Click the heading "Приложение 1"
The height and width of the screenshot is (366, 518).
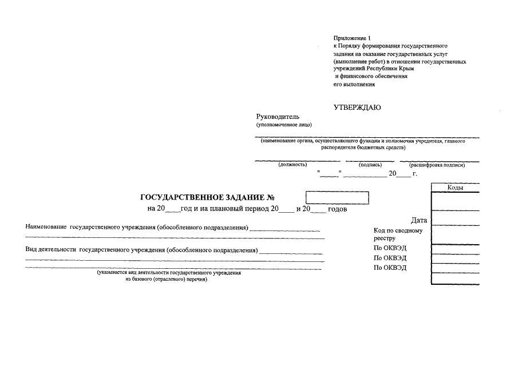point(352,38)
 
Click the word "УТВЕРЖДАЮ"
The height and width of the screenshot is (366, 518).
point(357,108)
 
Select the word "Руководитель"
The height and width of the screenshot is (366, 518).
point(278,117)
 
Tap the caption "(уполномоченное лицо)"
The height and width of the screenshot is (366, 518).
point(284,124)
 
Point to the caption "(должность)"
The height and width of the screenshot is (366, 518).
point(292,165)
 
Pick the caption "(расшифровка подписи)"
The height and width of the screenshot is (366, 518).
point(437,165)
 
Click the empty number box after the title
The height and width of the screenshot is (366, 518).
point(337,198)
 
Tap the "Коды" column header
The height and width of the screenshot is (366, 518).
point(455,188)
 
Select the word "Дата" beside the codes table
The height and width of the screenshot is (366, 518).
point(418,220)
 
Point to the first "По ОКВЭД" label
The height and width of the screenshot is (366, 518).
point(390,248)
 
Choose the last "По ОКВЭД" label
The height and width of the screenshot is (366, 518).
point(390,268)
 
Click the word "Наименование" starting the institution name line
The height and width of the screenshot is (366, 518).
point(46,227)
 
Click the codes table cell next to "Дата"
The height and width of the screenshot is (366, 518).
point(455,219)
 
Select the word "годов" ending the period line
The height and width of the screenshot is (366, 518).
point(338,209)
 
